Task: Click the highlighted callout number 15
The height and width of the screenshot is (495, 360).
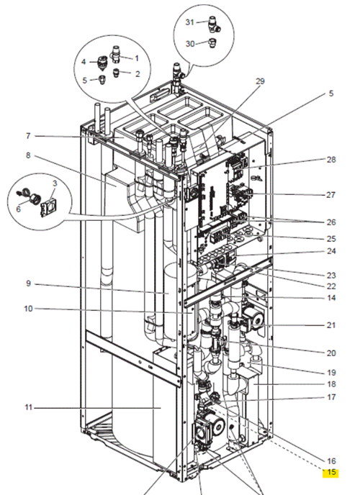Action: tap(331, 472)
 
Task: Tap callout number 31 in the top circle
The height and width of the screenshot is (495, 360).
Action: tap(189, 22)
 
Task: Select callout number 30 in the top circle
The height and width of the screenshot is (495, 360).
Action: tap(190, 44)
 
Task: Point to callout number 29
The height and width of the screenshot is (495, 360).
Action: tap(260, 81)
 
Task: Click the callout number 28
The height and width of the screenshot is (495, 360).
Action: tap(331, 160)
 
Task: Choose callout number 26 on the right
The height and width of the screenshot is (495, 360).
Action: tap(331, 222)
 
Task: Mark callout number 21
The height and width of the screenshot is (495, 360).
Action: tap(331, 325)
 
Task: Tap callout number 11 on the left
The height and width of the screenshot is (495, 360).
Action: tap(28, 407)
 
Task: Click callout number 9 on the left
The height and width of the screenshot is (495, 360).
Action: tap(28, 283)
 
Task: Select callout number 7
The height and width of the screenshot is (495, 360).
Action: tap(28, 136)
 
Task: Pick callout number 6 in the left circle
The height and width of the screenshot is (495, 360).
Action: tap(18, 209)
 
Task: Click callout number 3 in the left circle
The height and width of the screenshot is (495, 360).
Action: tap(55, 183)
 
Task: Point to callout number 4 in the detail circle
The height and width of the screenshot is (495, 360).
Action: tap(84, 62)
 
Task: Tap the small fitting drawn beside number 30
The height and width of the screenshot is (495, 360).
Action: tap(213, 43)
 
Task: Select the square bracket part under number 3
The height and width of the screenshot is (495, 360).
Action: tap(46, 207)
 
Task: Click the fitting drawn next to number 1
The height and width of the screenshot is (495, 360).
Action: tap(115, 55)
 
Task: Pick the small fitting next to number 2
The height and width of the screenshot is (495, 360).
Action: tap(117, 73)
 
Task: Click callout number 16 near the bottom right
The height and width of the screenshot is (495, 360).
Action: tap(331, 460)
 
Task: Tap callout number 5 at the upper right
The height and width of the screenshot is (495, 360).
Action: tap(331, 94)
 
